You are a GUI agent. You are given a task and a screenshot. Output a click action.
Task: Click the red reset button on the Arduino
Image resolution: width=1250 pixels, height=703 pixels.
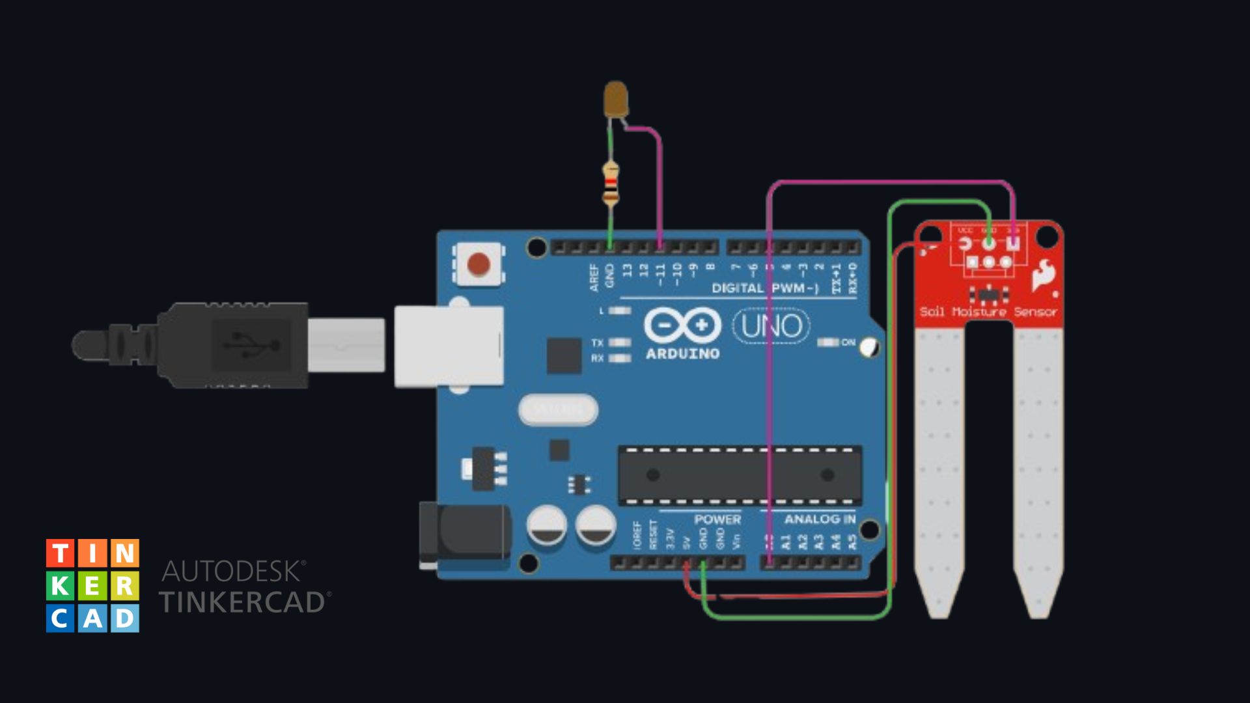(479, 264)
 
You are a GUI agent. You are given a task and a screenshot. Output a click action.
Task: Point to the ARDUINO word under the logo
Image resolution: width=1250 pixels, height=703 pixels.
(682, 354)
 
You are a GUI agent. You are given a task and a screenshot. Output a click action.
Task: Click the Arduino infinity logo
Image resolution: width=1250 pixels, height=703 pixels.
(682, 324)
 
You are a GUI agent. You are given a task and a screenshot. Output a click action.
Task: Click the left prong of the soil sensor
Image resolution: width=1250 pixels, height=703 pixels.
(939, 469)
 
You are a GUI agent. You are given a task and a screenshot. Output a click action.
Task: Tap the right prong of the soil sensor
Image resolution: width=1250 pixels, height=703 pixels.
(1038, 469)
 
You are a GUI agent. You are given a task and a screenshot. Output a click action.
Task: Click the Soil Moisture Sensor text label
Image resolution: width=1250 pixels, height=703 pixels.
(988, 312)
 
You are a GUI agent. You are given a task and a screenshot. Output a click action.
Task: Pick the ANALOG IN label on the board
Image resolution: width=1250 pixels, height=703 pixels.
(820, 519)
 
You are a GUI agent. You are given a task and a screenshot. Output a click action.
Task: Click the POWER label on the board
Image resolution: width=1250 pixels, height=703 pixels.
(717, 519)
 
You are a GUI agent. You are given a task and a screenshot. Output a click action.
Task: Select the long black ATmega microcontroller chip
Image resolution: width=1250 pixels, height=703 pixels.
(740, 475)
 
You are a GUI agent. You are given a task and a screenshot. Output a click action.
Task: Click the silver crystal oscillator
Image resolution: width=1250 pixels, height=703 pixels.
(558, 409)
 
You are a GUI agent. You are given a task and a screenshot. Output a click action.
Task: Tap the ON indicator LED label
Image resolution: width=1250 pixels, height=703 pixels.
(848, 342)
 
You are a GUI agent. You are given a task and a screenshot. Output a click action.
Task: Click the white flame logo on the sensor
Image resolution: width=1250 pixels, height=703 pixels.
(1044, 275)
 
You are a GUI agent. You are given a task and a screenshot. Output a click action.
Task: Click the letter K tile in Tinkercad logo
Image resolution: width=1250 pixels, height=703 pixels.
(59, 586)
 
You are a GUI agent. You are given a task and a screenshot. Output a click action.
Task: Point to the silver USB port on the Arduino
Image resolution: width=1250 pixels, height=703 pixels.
(449, 346)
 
